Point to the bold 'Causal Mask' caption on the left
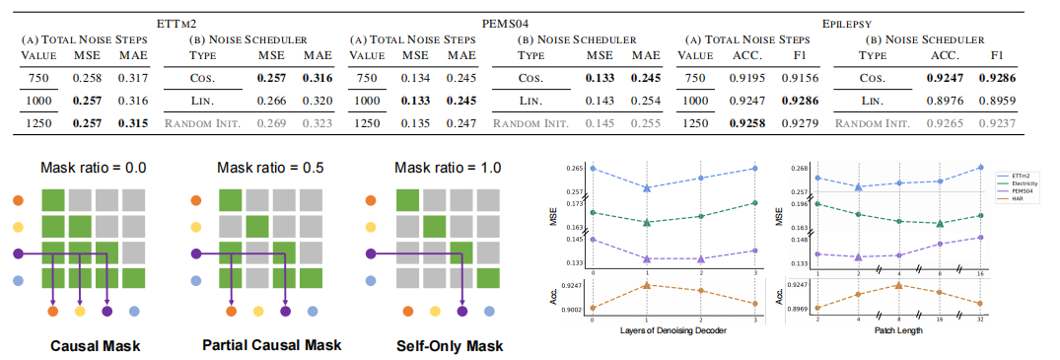pos(83,346)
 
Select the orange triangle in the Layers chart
pos(647,285)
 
